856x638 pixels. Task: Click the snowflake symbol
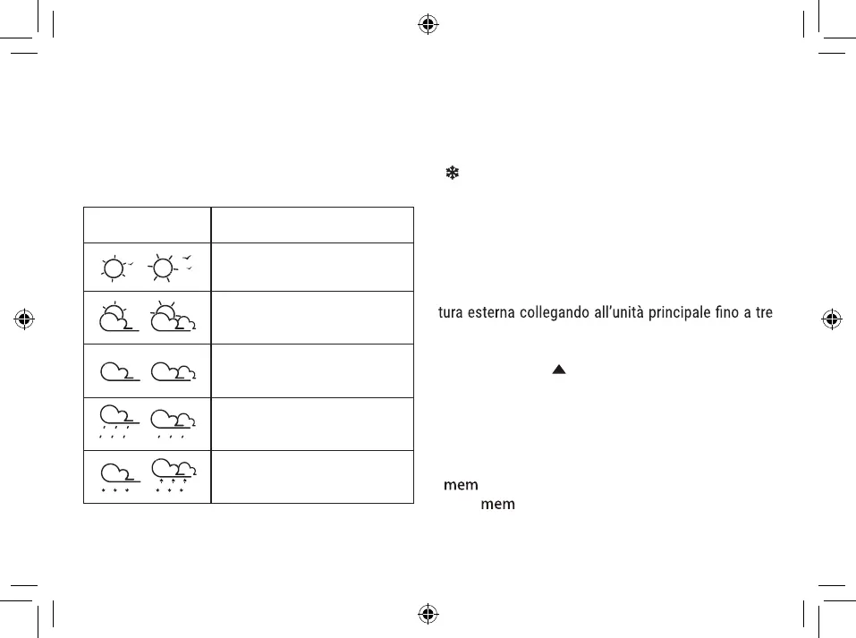click(453, 175)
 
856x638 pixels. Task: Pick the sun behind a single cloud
click(115, 317)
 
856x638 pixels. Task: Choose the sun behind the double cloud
click(172, 317)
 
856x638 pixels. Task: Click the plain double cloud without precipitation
click(174, 370)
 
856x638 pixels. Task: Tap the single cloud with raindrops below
click(116, 422)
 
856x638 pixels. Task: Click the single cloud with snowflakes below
click(116, 477)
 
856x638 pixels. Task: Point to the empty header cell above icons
click(147, 225)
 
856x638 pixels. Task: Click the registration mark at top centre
click(428, 23)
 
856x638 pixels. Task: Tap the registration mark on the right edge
click(832, 318)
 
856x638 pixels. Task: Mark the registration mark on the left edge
click(24, 318)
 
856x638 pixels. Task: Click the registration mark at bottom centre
click(428, 614)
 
